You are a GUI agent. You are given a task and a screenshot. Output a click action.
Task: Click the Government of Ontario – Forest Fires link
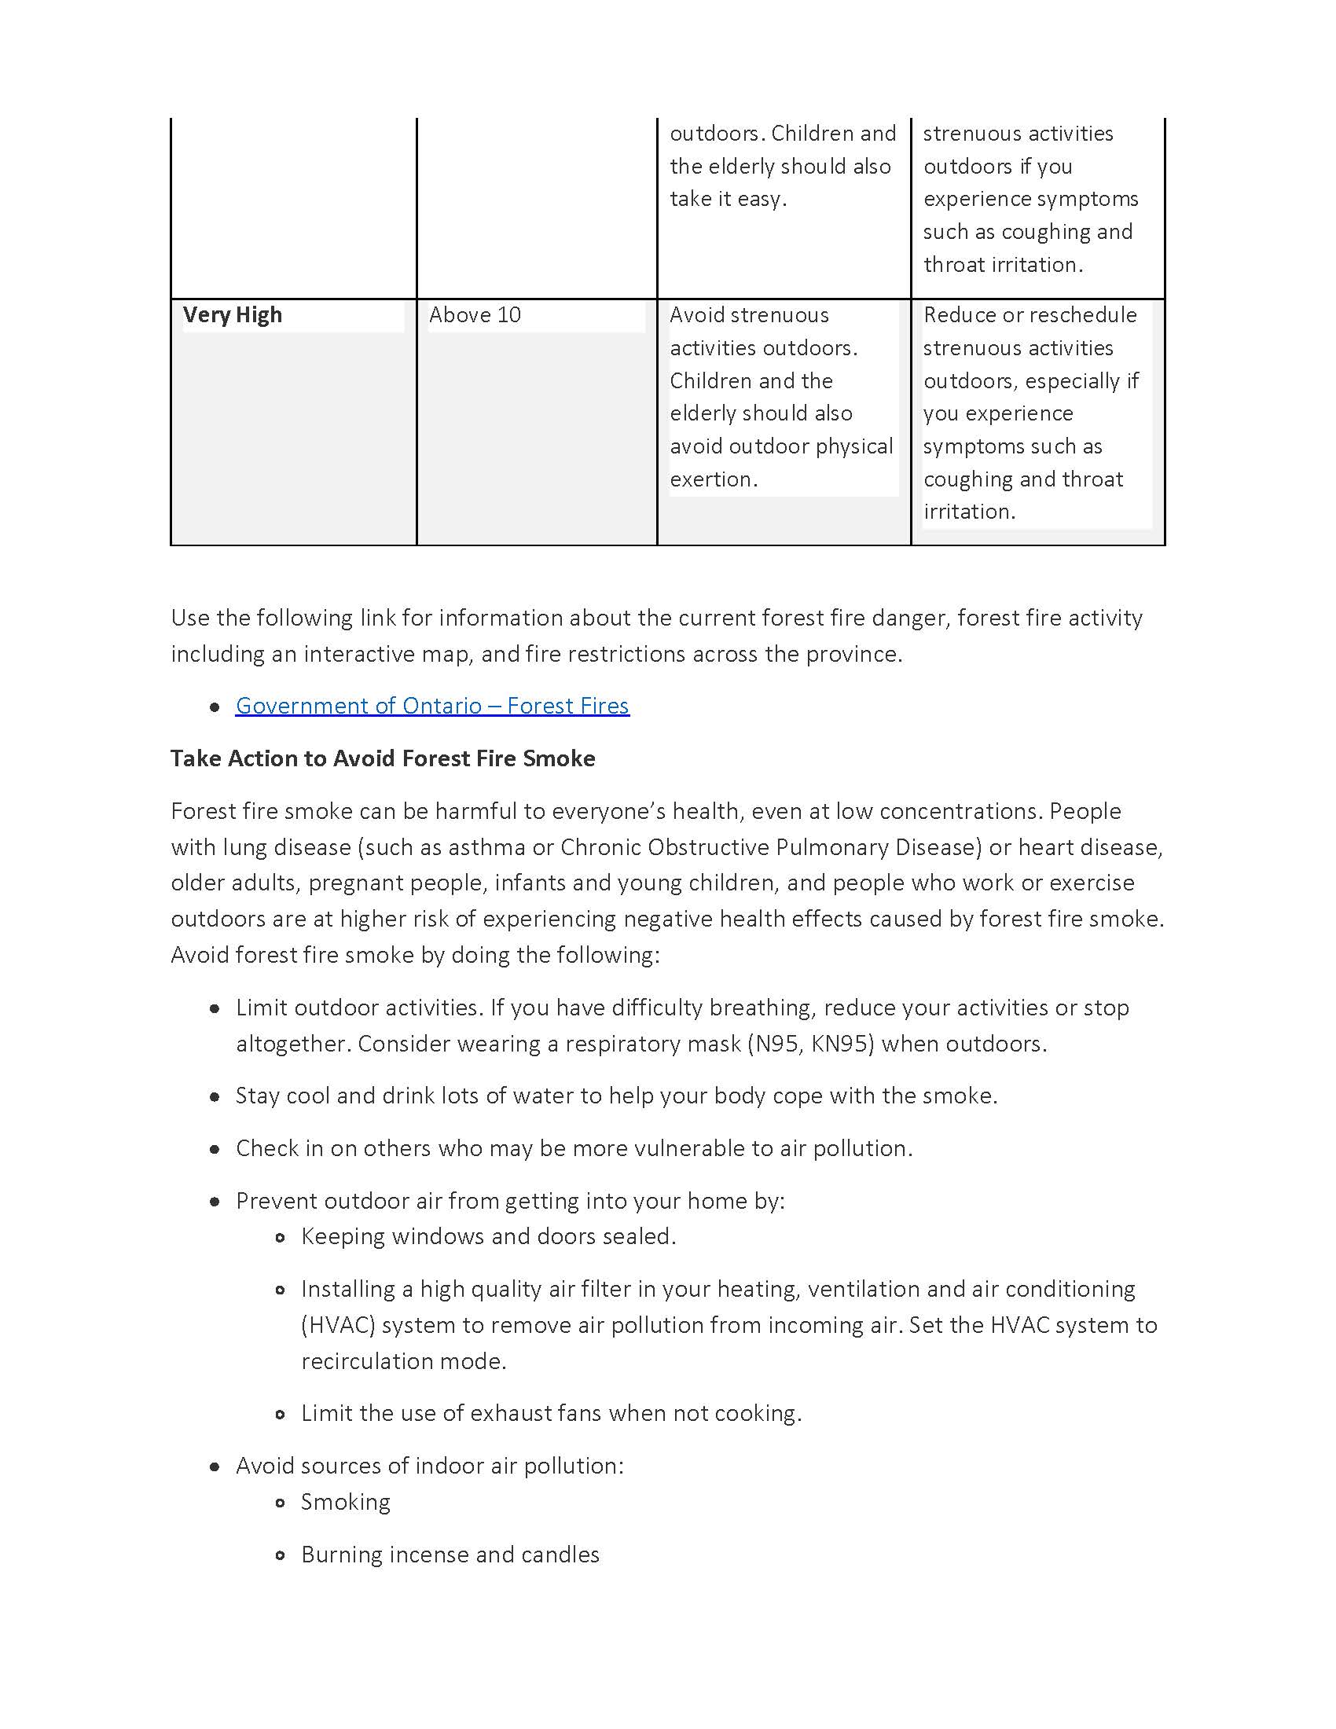(432, 706)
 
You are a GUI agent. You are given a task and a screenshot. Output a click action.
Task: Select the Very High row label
(232, 315)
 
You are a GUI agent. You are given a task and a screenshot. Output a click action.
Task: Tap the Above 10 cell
(475, 315)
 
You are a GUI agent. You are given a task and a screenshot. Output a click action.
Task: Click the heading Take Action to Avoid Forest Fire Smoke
(382, 758)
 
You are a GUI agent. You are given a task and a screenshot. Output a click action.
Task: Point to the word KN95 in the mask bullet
(842, 1044)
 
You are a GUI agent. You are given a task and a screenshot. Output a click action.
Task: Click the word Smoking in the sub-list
(346, 1502)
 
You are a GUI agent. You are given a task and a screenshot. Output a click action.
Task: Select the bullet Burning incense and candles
(450, 1554)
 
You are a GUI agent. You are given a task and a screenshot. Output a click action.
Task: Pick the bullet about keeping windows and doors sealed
(488, 1235)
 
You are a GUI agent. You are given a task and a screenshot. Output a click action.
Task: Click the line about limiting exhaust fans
(551, 1413)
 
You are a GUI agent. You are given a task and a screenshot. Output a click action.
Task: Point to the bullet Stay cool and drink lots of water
(616, 1096)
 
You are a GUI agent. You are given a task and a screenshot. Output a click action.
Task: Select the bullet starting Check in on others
(574, 1148)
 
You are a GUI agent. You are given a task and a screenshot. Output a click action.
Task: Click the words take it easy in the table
(728, 199)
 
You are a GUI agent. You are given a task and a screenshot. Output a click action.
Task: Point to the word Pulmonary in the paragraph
(831, 847)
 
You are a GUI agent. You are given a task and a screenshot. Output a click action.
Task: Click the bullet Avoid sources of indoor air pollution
(430, 1466)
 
